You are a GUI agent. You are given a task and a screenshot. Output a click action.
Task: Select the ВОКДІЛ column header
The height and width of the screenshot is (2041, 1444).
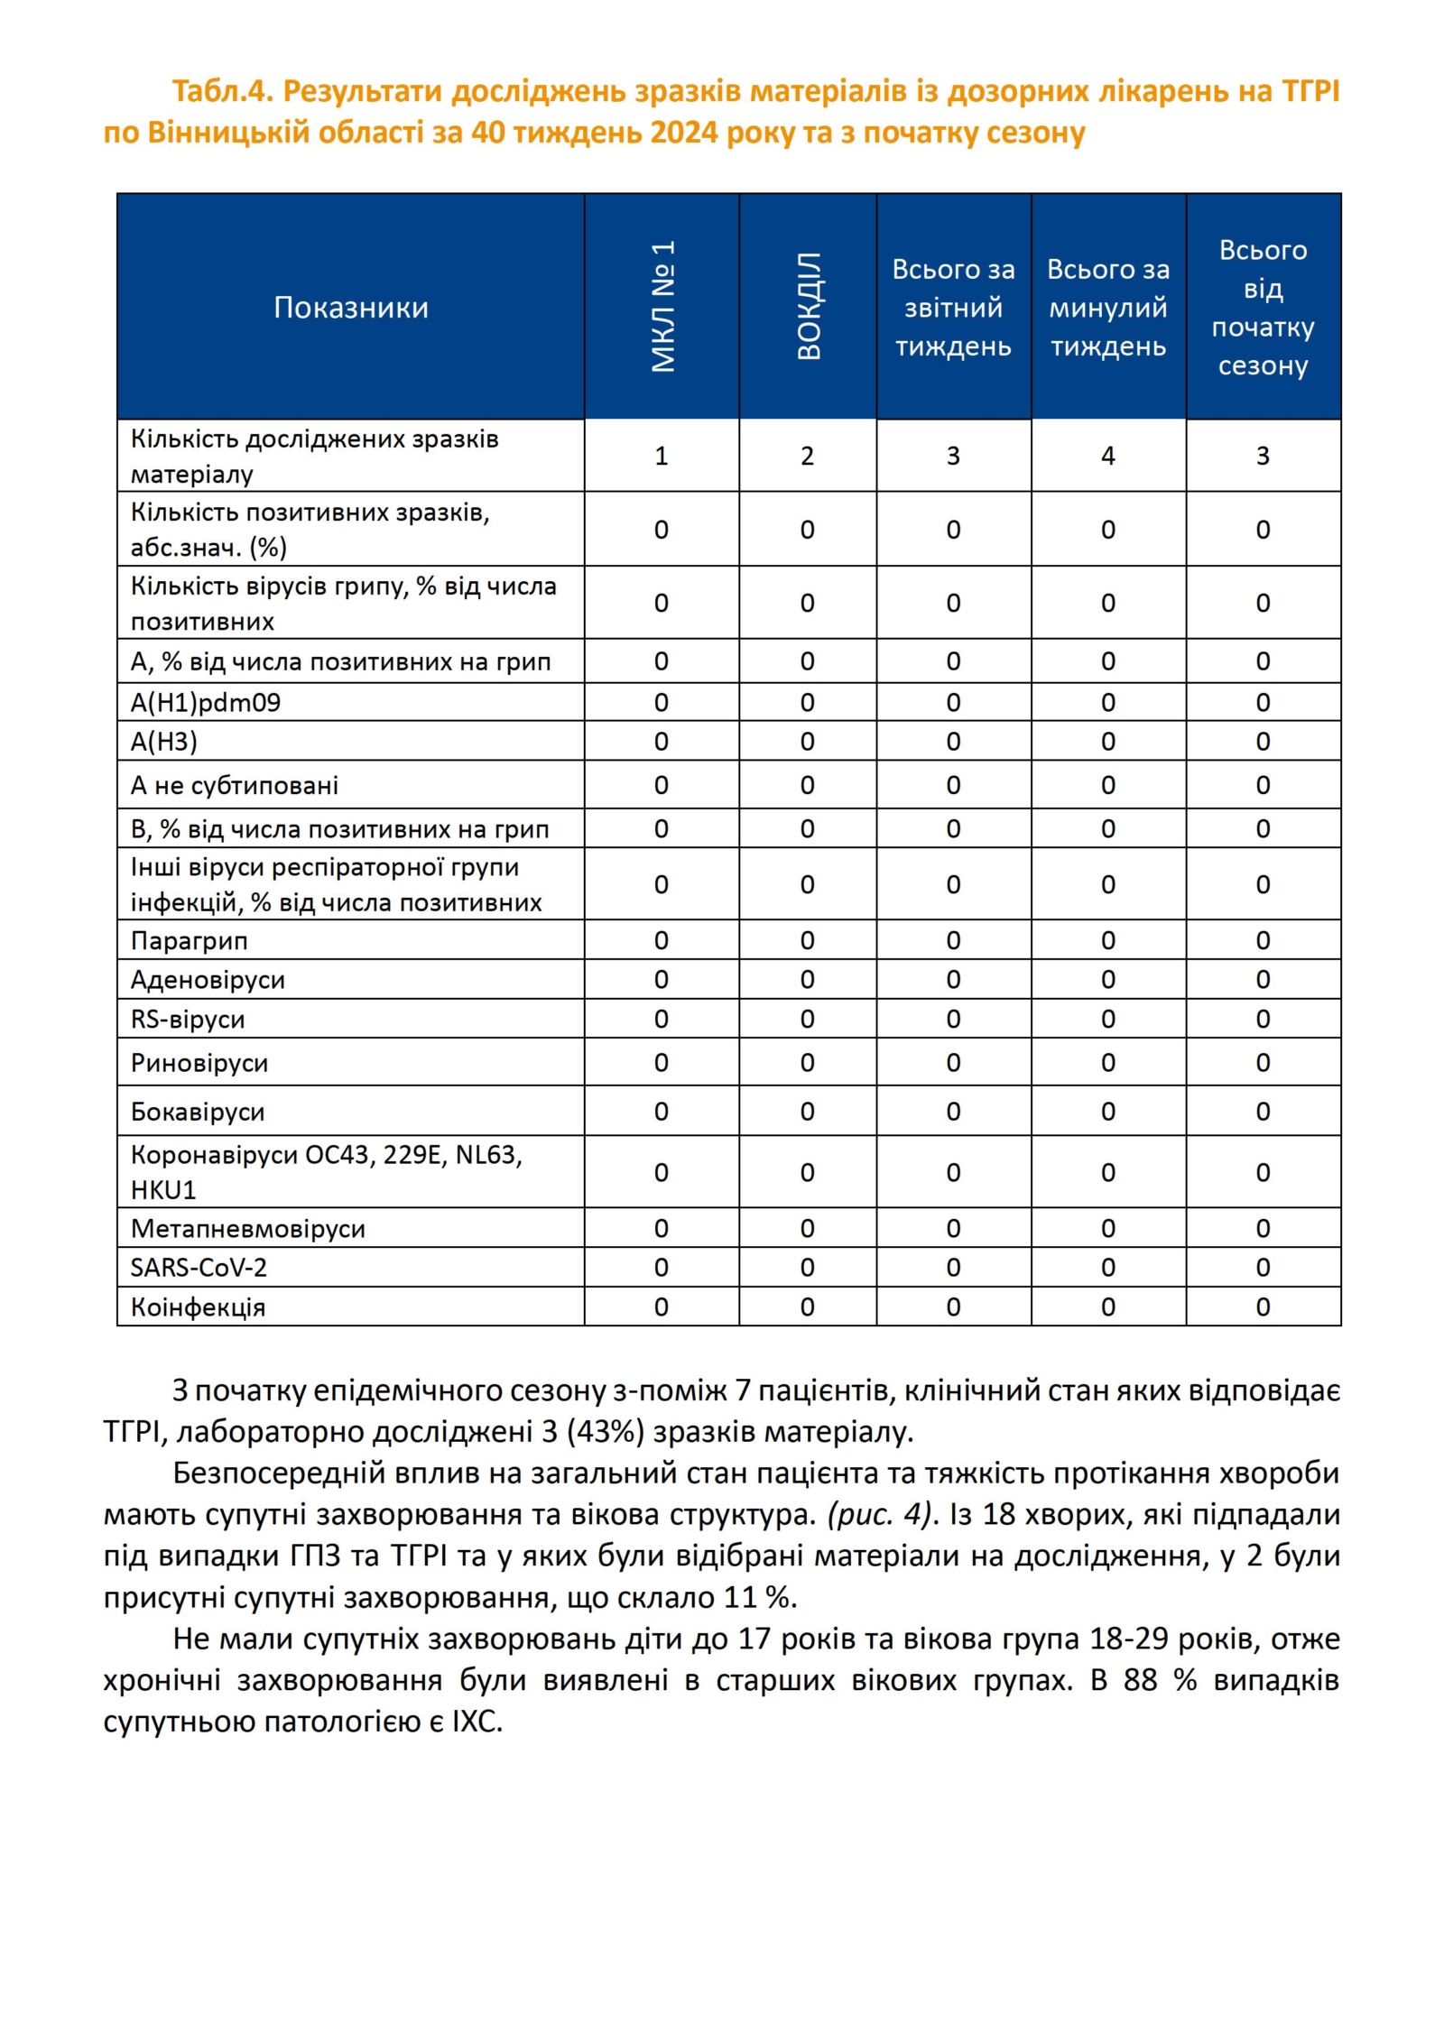[808, 307]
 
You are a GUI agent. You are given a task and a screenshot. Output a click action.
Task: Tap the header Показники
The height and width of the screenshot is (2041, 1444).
[350, 308]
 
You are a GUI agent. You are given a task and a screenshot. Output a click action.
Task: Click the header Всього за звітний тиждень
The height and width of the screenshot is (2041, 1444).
[953, 308]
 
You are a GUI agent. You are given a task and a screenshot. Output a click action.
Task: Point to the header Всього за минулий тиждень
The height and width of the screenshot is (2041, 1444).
[1107, 308]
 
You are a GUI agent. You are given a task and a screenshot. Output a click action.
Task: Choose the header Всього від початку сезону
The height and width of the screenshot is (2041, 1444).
[1263, 308]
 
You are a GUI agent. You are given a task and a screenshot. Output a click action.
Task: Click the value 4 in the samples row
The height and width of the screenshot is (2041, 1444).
[1107, 456]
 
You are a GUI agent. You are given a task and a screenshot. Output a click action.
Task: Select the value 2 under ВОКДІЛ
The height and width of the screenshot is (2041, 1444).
[808, 456]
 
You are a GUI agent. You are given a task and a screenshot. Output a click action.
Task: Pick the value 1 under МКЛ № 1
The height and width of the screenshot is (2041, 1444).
[662, 456]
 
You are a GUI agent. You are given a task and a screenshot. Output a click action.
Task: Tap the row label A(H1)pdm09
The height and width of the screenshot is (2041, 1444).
[206, 702]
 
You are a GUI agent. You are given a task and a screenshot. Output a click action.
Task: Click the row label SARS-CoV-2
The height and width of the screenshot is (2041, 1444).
[199, 1268]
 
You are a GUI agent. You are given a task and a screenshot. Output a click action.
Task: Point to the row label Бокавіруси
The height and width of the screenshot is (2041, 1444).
[198, 1112]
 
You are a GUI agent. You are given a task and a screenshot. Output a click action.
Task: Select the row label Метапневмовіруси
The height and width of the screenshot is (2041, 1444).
[248, 1229]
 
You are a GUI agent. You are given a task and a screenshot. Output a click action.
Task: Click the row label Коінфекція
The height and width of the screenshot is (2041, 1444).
[198, 1307]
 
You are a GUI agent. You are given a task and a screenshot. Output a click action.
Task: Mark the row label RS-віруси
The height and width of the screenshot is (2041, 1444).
[188, 1020]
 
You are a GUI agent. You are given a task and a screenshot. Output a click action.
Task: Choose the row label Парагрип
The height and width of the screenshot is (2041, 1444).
[189, 941]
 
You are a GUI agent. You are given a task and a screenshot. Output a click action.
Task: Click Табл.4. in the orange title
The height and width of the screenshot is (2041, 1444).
[222, 91]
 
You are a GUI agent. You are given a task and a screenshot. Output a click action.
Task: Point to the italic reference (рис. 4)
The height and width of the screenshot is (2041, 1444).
[878, 1514]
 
